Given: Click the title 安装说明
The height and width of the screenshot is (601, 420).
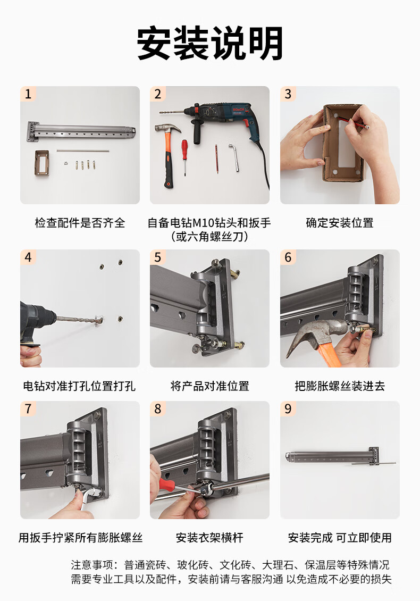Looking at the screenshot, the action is pyautogui.click(x=210, y=43).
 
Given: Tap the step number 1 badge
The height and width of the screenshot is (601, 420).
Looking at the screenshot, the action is pyautogui.click(x=28, y=94).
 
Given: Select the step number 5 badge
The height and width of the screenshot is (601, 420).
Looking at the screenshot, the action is pyautogui.click(x=158, y=257).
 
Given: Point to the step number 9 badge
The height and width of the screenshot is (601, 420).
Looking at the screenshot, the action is pyautogui.click(x=288, y=408).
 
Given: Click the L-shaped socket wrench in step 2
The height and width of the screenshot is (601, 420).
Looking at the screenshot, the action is pyautogui.click(x=234, y=157).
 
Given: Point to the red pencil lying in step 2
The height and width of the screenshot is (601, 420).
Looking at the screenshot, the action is pyautogui.click(x=216, y=159).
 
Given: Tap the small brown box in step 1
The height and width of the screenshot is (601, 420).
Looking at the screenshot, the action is pyautogui.click(x=41, y=163).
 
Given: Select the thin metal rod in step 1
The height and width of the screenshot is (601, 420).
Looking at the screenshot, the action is pyautogui.click(x=83, y=151).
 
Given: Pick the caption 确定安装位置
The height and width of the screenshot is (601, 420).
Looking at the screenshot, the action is pyautogui.click(x=340, y=223).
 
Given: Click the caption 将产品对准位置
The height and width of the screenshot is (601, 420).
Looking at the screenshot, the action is pyautogui.click(x=209, y=386).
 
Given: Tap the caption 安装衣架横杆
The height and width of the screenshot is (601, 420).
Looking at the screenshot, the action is pyautogui.click(x=209, y=537).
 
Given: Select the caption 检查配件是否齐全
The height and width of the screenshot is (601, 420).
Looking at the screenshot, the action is pyautogui.click(x=80, y=223).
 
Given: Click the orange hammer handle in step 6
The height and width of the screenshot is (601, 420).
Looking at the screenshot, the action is pyautogui.click(x=328, y=353).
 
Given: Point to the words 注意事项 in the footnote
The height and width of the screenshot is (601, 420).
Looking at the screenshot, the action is pyautogui.click(x=92, y=565).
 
